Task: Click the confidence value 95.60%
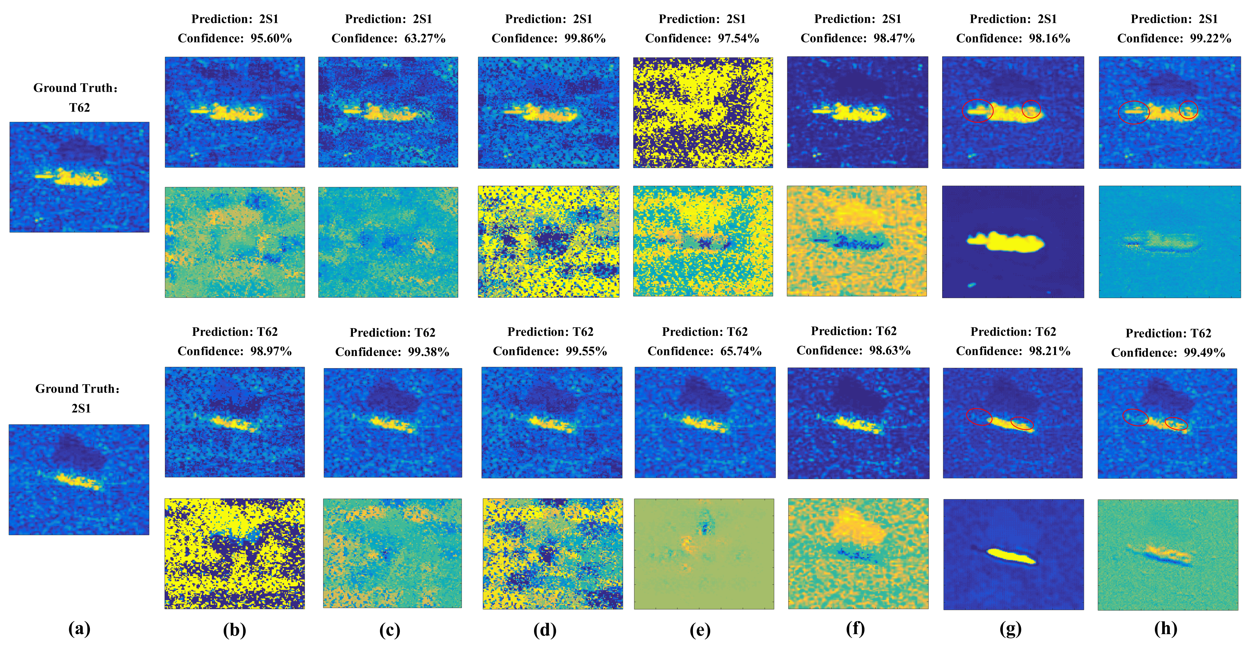click(271, 38)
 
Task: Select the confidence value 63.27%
click(425, 38)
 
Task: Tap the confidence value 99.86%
click(585, 38)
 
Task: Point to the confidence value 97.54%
click(738, 38)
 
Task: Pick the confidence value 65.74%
click(740, 351)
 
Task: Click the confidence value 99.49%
click(1204, 353)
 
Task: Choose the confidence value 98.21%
click(1049, 351)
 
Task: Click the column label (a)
click(79, 629)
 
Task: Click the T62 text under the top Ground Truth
click(79, 108)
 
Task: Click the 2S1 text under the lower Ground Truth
click(81, 408)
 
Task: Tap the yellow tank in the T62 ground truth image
click(80, 177)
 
